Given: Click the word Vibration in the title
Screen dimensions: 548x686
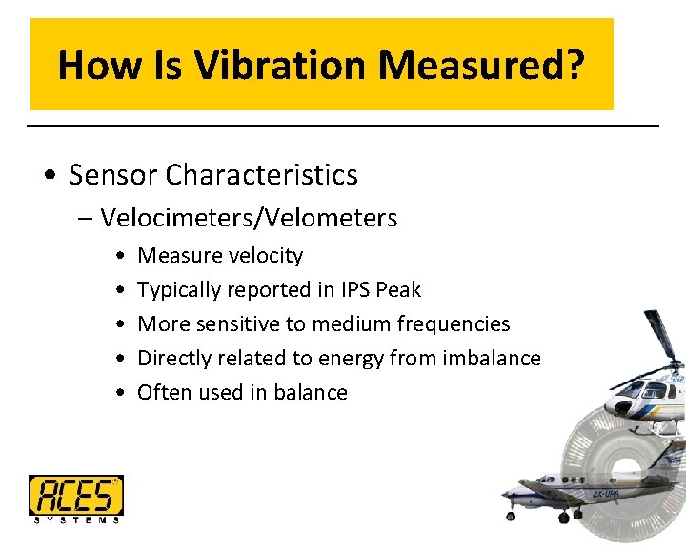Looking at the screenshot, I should click(282, 66).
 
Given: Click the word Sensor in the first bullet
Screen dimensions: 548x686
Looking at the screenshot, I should click(113, 175).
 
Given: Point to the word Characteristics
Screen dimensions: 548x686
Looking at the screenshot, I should click(262, 175).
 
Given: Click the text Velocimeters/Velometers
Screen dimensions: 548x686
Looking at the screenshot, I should click(249, 218).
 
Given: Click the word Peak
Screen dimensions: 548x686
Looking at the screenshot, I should click(400, 289).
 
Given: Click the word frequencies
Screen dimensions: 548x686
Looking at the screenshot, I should click(453, 323).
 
